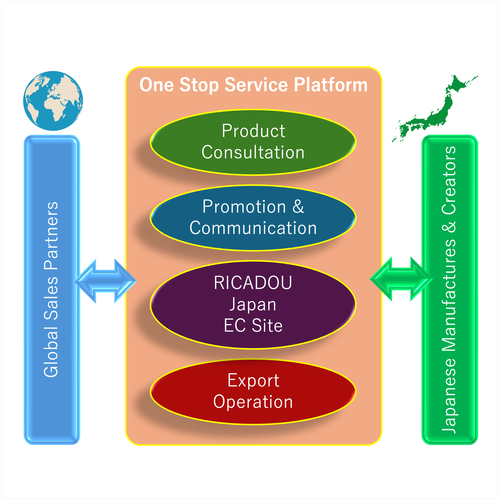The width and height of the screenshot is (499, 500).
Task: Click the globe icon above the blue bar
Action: [x=53, y=101]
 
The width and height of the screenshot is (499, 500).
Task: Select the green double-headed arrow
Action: [x=401, y=279]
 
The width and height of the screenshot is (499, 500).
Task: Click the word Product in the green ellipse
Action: [x=253, y=131]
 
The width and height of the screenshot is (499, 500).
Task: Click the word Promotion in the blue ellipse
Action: [x=244, y=207]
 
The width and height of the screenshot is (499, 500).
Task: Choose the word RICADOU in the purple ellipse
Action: [x=253, y=283]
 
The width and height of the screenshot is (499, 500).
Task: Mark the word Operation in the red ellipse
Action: [x=253, y=402]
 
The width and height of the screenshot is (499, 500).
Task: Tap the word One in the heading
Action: [x=156, y=85]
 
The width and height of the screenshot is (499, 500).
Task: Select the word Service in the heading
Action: [x=256, y=85]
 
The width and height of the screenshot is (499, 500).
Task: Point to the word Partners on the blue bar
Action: [x=51, y=236]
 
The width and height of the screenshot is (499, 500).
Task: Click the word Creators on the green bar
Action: [x=449, y=180]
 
